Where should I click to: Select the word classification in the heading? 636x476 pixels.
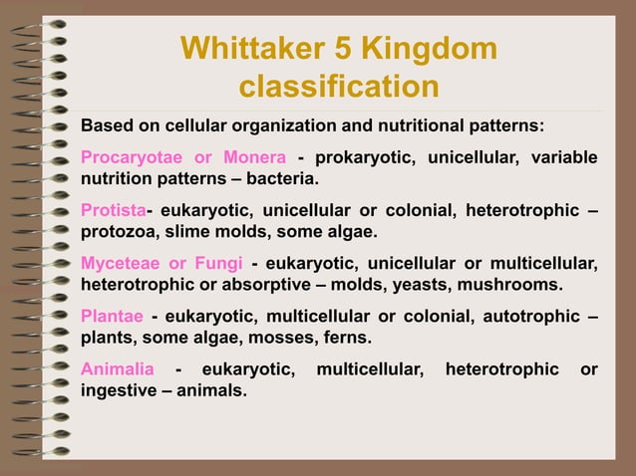(x=339, y=87)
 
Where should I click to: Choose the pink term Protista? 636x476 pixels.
(x=113, y=210)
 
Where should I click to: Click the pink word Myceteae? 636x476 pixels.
(x=120, y=263)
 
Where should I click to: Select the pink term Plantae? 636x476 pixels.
(x=111, y=316)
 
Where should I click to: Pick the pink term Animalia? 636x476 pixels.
(x=117, y=369)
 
